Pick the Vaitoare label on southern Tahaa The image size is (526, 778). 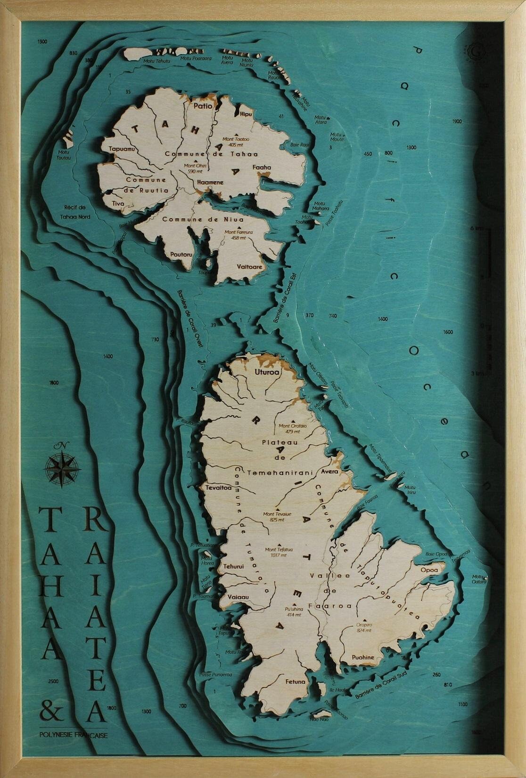click(x=250, y=266)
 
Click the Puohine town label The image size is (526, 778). click(x=363, y=657)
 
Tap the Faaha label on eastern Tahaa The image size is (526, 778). click(x=262, y=167)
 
